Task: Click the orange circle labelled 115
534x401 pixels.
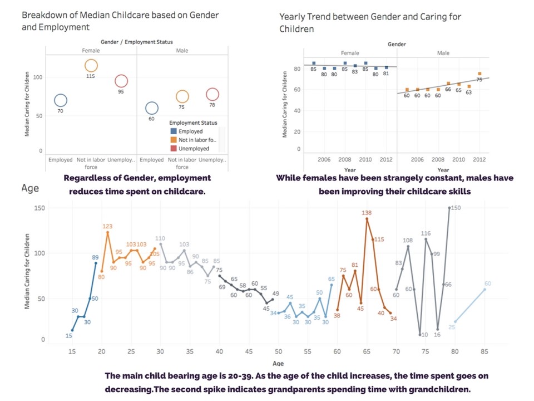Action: click(x=91, y=66)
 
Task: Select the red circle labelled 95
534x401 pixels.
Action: click(x=121, y=81)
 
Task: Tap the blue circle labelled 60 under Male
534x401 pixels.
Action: click(x=152, y=108)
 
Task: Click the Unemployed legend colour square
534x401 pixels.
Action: click(x=174, y=149)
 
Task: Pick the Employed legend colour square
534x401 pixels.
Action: click(x=174, y=131)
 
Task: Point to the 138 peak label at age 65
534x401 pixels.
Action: click(x=367, y=212)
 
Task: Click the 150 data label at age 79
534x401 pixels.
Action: click(x=456, y=208)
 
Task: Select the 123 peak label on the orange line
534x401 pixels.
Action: click(x=108, y=226)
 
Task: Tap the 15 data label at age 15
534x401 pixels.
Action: click(x=68, y=336)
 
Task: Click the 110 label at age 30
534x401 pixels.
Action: click(x=161, y=238)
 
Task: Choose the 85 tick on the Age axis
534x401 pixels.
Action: click(x=484, y=351)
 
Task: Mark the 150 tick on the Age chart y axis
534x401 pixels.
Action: click(x=40, y=208)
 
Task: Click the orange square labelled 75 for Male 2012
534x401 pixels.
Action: click(x=479, y=74)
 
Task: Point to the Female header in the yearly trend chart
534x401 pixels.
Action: click(x=350, y=53)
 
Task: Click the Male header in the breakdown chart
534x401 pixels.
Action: click(x=182, y=51)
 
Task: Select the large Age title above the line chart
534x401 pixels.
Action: click(x=30, y=188)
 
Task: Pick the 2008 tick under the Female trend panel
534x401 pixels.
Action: click(x=345, y=159)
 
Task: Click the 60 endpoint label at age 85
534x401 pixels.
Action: click(x=487, y=283)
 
